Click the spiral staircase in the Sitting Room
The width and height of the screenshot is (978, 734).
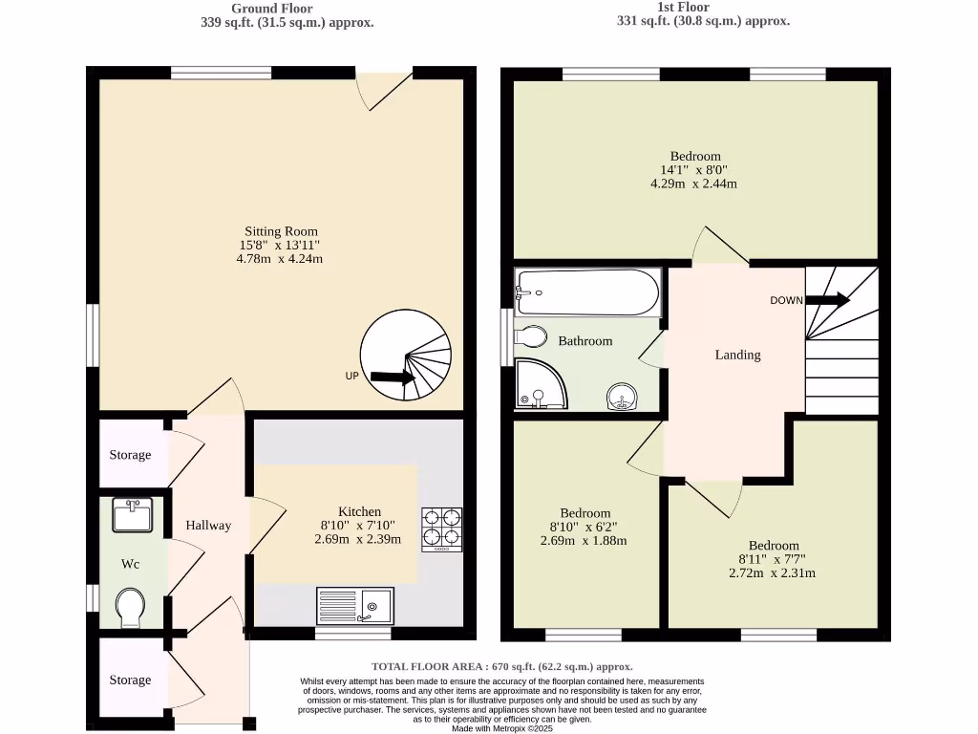(x=406, y=355)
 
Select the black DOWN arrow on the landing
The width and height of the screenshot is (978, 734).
(x=827, y=300)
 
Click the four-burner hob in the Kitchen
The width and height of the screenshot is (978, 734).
(x=441, y=529)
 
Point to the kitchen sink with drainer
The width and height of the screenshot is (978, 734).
(x=355, y=606)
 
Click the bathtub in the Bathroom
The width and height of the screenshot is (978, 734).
(x=586, y=292)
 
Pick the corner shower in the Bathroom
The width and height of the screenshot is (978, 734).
(x=539, y=384)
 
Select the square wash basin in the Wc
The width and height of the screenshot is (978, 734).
(x=132, y=515)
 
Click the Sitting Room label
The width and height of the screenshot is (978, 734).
(x=281, y=231)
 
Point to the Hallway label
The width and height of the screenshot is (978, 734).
(x=208, y=525)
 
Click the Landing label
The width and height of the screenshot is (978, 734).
(x=737, y=355)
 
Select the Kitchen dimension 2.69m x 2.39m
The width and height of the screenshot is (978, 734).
(x=358, y=539)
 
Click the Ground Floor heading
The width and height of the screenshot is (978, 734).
(x=272, y=9)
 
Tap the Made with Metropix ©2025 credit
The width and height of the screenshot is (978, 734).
(x=501, y=728)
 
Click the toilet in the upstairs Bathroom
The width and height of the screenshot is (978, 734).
(x=530, y=336)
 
